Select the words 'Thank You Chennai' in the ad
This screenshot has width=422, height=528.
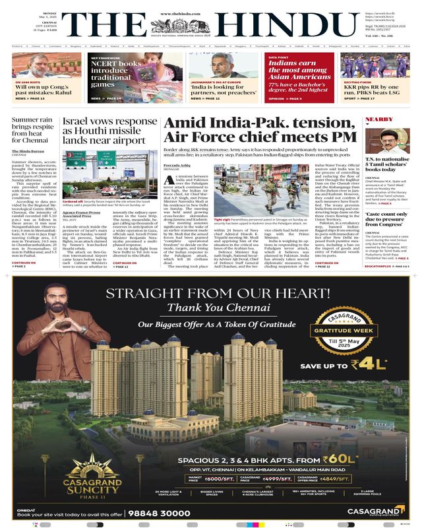coord(209,308)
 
